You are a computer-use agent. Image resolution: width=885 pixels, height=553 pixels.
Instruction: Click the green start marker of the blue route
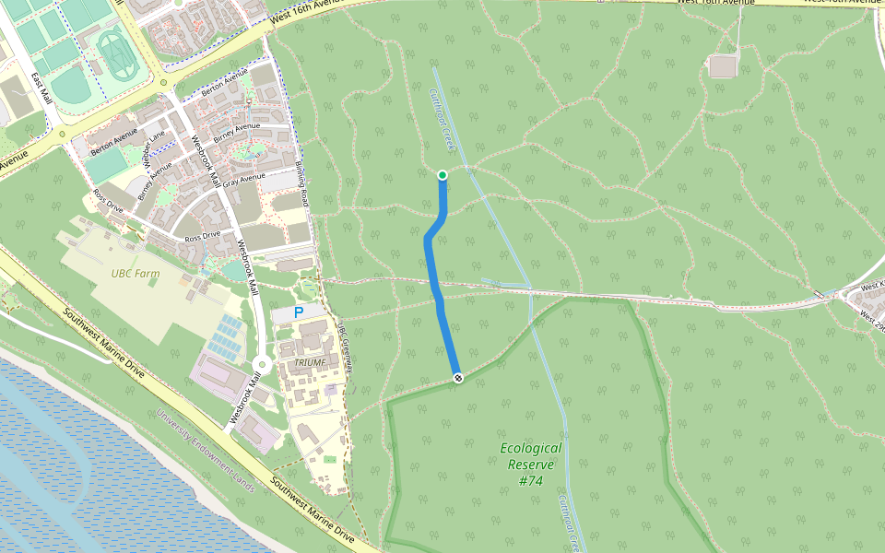pos(442,175)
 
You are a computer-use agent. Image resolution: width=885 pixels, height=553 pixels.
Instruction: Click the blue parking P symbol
pos(298,313)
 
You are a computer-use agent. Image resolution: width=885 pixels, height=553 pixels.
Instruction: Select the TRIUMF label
pos(311,363)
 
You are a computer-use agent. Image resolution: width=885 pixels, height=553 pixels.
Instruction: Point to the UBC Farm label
pos(135,273)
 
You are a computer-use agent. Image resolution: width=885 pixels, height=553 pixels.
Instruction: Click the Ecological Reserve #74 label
pos(530,465)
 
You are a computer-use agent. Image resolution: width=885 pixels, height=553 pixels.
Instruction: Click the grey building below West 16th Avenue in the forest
pos(722,66)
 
